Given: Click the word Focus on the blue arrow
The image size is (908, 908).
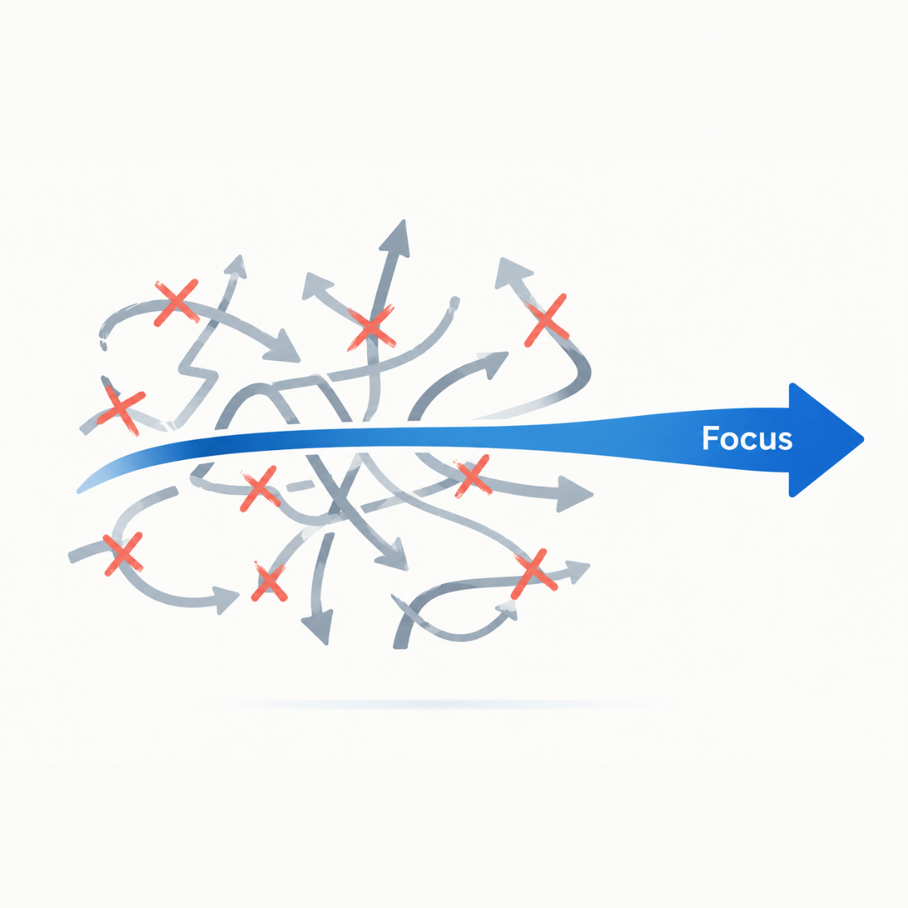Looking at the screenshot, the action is tap(747, 438).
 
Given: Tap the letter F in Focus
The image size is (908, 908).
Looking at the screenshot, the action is tap(710, 438).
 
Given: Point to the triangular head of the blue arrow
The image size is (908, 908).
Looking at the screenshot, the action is tap(826, 440).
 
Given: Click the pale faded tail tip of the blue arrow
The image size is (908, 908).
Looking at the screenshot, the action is tap(82, 489).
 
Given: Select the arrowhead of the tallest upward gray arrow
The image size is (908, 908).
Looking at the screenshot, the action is tap(396, 239).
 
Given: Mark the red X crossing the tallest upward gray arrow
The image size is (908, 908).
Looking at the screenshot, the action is tap(372, 327).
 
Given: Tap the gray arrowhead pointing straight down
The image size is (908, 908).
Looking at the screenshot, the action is tap(318, 627).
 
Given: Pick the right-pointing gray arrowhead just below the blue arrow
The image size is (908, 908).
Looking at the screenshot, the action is tap(574, 494).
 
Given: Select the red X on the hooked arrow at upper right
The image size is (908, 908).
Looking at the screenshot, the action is tap(546, 320).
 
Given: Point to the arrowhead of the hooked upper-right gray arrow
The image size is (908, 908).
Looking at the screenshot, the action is tap(512, 272).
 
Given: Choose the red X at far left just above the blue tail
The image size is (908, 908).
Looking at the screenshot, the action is tap(121, 410).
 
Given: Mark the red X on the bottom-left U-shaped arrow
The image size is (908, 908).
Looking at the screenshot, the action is tap(123, 554).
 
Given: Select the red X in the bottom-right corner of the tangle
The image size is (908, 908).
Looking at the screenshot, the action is tap(534, 573).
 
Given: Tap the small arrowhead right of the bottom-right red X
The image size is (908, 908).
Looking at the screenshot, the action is tap(577, 571).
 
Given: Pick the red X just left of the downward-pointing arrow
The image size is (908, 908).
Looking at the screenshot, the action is tap(269, 583).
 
